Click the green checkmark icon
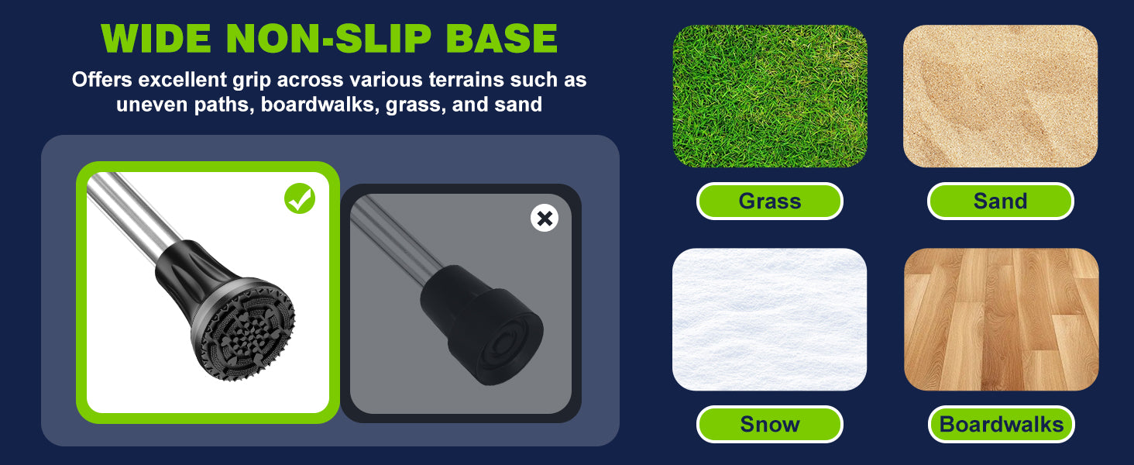(x=300, y=198)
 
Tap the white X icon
(x=545, y=219)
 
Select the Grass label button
(x=769, y=201)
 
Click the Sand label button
(x=1000, y=201)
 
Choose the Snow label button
(x=769, y=424)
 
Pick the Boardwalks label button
(x=1002, y=424)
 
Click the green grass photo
(x=769, y=96)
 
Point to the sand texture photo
(x=1000, y=96)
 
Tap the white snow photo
(x=769, y=319)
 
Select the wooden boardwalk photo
(x=1002, y=319)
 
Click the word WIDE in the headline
(x=156, y=39)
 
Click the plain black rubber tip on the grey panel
(x=481, y=324)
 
